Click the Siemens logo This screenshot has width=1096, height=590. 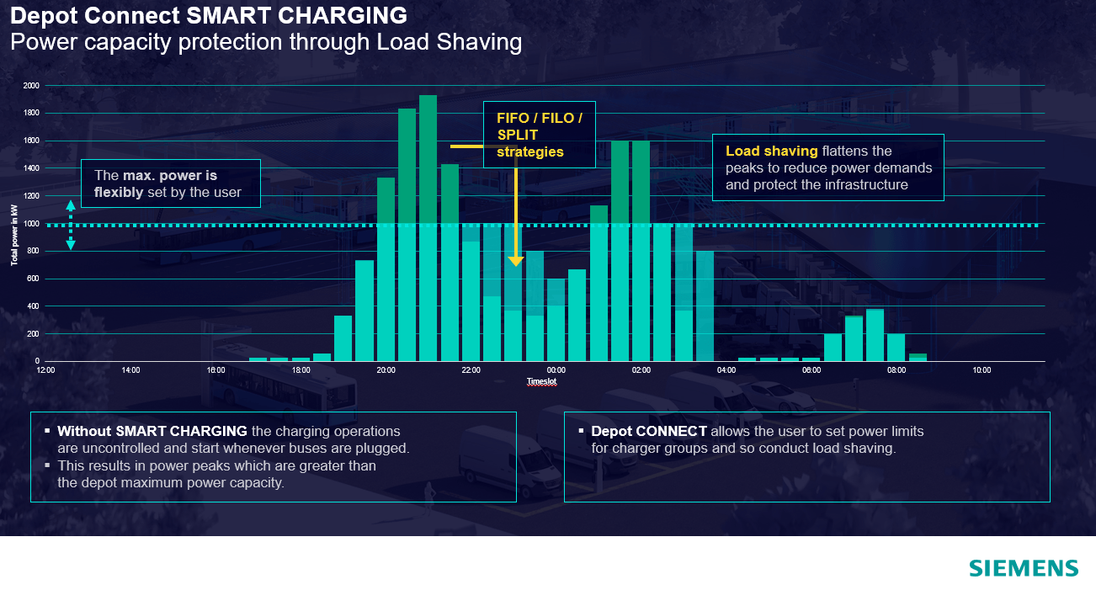(x=1023, y=568)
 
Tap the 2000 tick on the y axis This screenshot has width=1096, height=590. (x=31, y=86)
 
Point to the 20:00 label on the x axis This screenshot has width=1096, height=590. (x=386, y=370)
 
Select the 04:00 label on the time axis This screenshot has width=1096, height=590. (x=726, y=370)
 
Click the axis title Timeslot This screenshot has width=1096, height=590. (x=541, y=381)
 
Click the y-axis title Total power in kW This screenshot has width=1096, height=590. (x=14, y=235)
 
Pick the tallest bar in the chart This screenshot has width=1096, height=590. (x=428, y=227)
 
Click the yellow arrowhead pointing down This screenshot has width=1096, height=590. (x=516, y=261)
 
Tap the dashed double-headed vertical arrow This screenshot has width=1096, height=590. (x=71, y=225)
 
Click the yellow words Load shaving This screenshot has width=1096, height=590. (x=771, y=151)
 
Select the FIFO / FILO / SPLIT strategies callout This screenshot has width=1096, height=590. (x=539, y=135)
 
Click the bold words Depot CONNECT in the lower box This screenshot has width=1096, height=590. (x=649, y=432)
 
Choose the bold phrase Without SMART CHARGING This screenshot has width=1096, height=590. (x=152, y=432)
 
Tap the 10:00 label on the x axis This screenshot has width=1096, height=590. (x=982, y=370)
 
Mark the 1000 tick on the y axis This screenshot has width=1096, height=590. (x=31, y=224)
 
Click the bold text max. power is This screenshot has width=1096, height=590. (x=170, y=176)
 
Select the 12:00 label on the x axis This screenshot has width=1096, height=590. (x=45, y=370)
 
